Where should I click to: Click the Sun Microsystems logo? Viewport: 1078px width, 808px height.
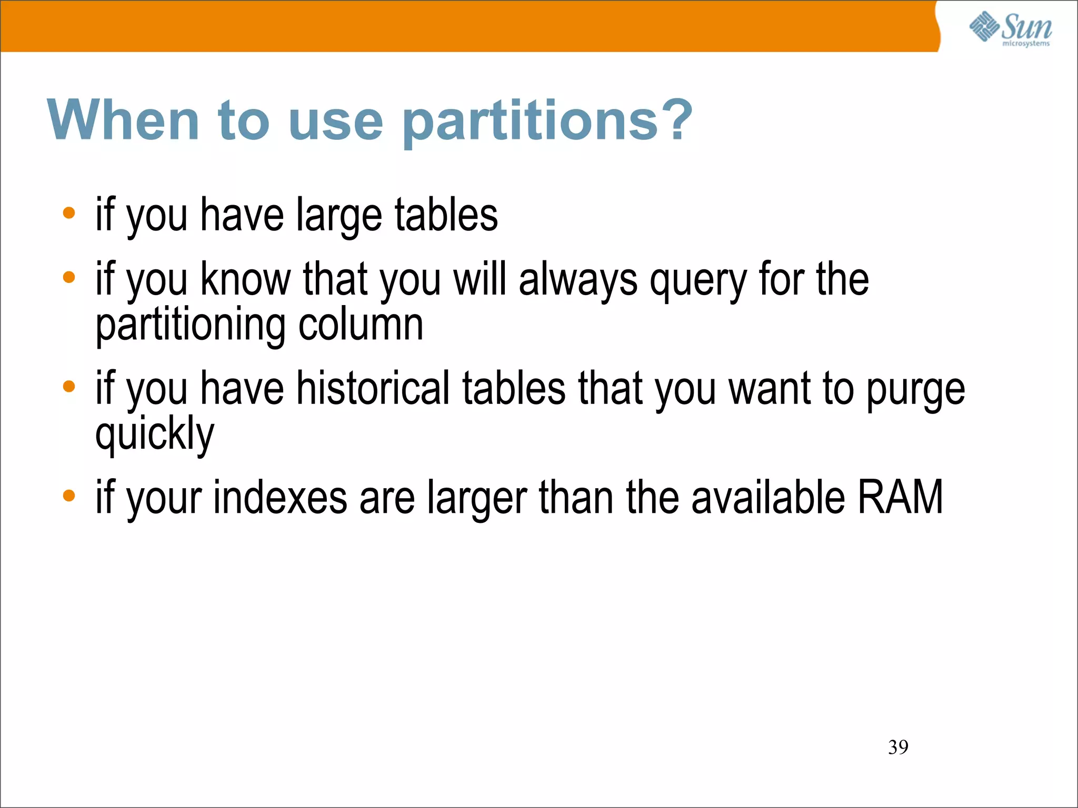1010,29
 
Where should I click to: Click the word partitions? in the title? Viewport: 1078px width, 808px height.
547,121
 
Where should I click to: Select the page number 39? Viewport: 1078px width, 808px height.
898,747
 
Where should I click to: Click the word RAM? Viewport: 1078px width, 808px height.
900,497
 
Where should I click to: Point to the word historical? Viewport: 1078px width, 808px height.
373,388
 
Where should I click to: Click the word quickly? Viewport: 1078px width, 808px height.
155,435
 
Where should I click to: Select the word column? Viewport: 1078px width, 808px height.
361,325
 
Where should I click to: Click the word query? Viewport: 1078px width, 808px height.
698,281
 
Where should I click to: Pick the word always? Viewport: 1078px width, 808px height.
578,280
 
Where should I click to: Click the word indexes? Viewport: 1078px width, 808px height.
280,497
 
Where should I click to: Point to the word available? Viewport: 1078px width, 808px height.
768,497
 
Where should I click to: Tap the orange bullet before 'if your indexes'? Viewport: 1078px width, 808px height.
69,496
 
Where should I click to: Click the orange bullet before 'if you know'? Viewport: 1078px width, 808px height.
69,277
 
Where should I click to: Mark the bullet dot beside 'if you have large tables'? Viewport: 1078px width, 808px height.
69,213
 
